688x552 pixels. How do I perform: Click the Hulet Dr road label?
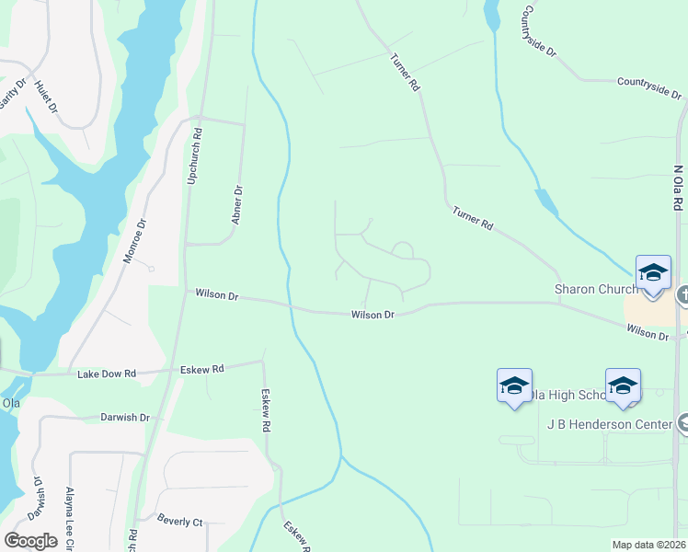45,96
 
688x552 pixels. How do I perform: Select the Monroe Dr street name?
134,241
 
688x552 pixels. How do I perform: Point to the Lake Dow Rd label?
107,374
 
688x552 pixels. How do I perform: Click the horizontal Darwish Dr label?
125,417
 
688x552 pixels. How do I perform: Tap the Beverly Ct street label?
179,522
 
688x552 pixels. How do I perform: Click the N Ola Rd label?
678,190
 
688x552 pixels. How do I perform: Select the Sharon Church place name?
595,289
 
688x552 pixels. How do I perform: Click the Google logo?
30,541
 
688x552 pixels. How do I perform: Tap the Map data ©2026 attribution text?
648,545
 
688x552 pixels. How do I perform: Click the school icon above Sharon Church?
653,273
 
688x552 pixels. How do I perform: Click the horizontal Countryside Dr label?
649,87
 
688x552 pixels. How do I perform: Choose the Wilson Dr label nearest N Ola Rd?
648,331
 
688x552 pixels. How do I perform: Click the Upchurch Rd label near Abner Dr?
194,157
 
